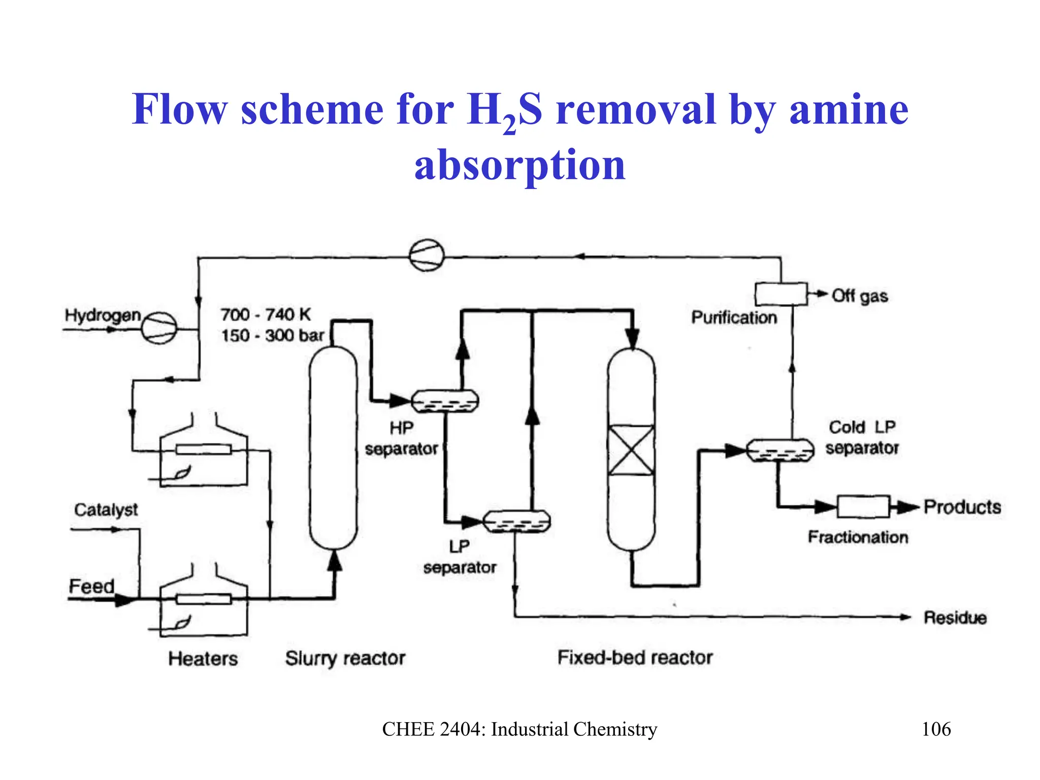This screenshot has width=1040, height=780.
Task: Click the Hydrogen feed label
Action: click(x=103, y=315)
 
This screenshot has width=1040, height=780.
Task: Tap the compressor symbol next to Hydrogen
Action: click(x=158, y=328)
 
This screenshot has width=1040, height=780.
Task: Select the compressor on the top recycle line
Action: click(x=427, y=255)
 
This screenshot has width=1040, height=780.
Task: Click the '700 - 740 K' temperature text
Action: click(x=265, y=314)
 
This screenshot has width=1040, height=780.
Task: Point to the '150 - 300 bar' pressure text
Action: click(x=272, y=336)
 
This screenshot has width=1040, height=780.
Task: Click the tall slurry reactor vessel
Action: click(x=333, y=447)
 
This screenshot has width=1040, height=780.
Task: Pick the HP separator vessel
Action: click(x=444, y=401)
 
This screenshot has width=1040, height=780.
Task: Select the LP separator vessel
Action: click(x=516, y=522)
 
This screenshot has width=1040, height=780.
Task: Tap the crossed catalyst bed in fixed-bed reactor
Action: click(x=631, y=450)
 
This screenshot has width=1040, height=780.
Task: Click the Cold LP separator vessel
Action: click(x=780, y=450)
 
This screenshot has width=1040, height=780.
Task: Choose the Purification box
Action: click(x=781, y=294)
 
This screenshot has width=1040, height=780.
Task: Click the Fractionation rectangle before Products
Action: click(x=863, y=506)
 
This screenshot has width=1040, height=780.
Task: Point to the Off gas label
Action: click(x=860, y=296)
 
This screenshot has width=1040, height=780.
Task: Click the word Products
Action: click(x=962, y=507)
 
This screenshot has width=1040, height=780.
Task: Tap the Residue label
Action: click(x=955, y=617)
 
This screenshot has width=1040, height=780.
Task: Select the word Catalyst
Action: click(x=106, y=509)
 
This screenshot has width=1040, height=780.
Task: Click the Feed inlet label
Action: click(x=91, y=587)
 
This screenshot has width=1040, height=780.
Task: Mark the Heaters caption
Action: click(x=203, y=659)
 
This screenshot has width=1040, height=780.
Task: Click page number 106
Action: click(x=936, y=729)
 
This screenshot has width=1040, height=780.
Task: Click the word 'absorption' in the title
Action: click(x=519, y=165)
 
